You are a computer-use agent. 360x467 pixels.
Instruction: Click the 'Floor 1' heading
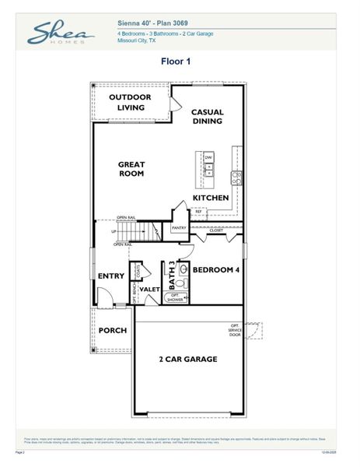(x=176, y=60)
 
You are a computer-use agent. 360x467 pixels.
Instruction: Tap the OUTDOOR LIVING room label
(x=129, y=102)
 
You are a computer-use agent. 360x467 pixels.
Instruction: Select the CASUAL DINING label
(x=207, y=117)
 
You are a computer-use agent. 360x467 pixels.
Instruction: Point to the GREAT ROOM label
(x=131, y=169)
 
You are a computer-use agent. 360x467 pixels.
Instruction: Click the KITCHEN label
(x=211, y=198)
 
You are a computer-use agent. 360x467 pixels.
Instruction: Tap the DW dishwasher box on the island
(x=208, y=157)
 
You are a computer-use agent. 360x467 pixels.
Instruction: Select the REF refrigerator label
(x=198, y=211)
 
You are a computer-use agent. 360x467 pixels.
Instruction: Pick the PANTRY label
(x=179, y=228)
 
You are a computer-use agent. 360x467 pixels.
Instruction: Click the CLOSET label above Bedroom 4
(x=216, y=230)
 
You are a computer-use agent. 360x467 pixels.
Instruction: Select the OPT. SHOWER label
(x=176, y=297)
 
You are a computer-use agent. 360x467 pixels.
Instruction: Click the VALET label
(x=150, y=290)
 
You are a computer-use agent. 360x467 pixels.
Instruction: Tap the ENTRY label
(x=111, y=276)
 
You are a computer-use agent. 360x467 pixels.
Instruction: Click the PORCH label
(x=113, y=330)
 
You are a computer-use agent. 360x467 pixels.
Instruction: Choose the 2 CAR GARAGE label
(x=187, y=359)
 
